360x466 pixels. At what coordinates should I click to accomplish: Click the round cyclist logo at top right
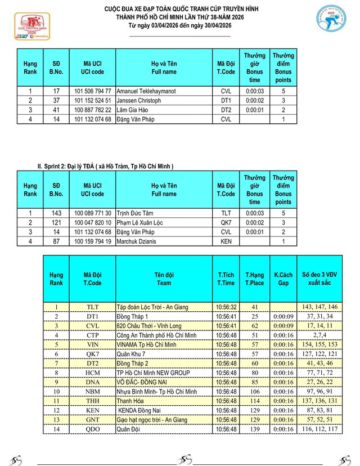point(333,23)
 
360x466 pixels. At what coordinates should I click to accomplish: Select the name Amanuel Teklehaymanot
point(145,91)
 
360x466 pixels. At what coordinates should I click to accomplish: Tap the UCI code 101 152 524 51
point(93,100)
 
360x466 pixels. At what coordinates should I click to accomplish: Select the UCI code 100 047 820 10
point(93,222)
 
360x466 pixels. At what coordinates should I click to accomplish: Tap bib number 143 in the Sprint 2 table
point(56,213)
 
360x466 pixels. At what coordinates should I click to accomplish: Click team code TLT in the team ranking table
point(92,307)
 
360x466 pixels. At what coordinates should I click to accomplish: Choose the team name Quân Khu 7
point(132,354)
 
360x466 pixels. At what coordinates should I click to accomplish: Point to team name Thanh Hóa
point(129,401)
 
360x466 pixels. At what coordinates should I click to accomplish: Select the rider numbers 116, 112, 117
point(320,429)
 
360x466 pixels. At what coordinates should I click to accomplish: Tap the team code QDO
point(92,429)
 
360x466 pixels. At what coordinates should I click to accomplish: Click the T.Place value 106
point(254,391)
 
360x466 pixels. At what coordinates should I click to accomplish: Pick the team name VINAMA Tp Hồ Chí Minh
point(146,344)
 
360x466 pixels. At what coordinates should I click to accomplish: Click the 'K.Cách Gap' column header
point(283,279)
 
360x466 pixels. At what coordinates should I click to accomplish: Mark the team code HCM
point(92,373)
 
